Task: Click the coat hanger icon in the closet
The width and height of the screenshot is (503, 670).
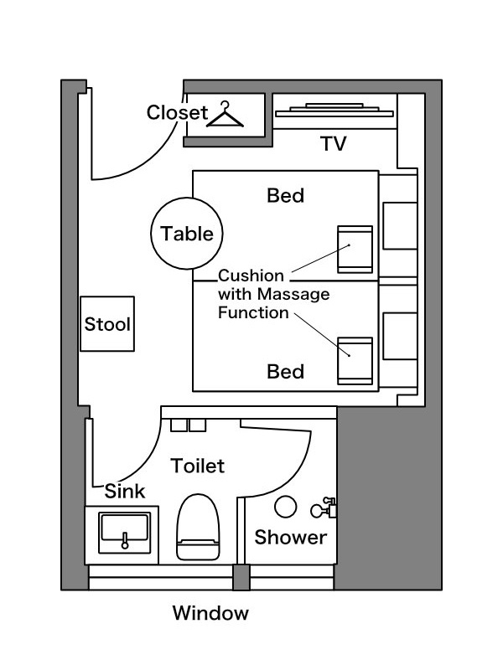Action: pyautogui.click(x=225, y=115)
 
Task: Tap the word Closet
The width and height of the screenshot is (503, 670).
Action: pyautogui.click(x=177, y=113)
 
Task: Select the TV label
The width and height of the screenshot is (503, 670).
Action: pyautogui.click(x=333, y=143)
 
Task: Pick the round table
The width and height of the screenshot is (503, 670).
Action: pyautogui.click(x=187, y=234)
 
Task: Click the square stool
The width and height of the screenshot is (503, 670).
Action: pyautogui.click(x=107, y=324)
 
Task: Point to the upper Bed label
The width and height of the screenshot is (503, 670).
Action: pyautogui.click(x=285, y=196)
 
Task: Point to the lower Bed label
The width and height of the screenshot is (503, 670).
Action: pyautogui.click(x=285, y=372)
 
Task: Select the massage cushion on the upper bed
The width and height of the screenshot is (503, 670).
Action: pyautogui.click(x=355, y=249)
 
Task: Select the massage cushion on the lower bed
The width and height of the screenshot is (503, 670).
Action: pyautogui.click(x=355, y=361)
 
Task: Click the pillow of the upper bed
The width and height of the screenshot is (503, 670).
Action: pyautogui.click(x=400, y=225)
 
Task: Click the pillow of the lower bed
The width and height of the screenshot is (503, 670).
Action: pyautogui.click(x=400, y=337)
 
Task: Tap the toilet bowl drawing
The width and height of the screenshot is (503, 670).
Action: pyautogui.click(x=198, y=527)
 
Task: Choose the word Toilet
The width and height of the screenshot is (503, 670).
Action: pyautogui.click(x=197, y=466)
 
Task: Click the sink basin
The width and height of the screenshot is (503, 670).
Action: pyautogui.click(x=124, y=533)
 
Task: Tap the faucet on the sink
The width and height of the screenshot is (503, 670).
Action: pyautogui.click(x=125, y=540)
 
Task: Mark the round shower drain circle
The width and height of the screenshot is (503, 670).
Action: pyautogui.click(x=285, y=507)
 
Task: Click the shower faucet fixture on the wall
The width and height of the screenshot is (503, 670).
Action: pyautogui.click(x=324, y=508)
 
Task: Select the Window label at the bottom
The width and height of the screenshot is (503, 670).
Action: pyautogui.click(x=210, y=613)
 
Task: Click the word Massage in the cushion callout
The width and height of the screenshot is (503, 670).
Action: pyautogui.click(x=293, y=294)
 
